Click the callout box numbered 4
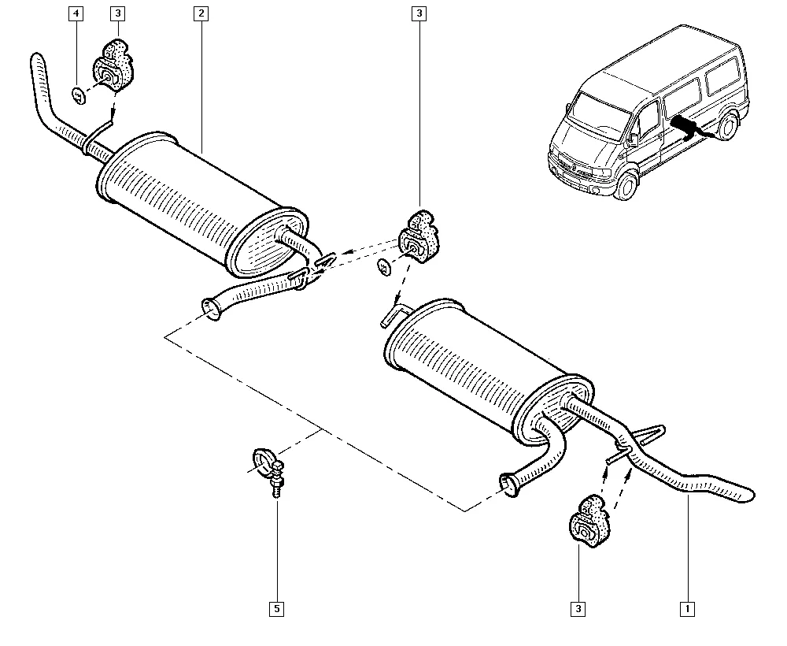coord(76,13)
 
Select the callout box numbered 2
coord(201,13)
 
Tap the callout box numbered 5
coord(276,609)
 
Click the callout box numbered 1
coord(687,609)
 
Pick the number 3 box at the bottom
coord(578,609)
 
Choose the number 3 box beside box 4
coord(117,13)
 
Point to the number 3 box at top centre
coord(419,13)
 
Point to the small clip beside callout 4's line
coord(79,95)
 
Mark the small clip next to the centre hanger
coord(385,267)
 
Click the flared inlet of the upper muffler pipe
coord(211,310)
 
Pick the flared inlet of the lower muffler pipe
coord(510,485)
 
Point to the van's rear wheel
coord(729,125)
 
